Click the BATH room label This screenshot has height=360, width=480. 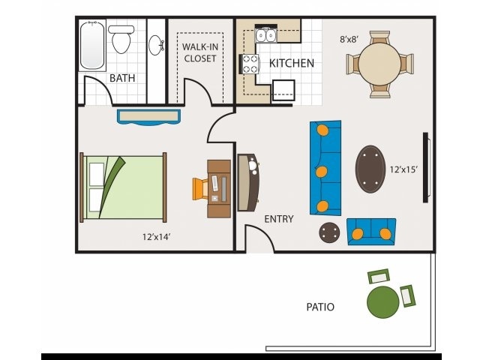coord(122,78)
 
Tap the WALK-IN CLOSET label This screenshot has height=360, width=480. coord(199,52)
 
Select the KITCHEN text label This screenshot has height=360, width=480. coord(292,63)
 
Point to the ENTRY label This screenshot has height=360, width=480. coord(279,219)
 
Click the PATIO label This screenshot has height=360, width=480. coord(320,307)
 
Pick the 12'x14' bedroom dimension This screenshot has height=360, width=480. coord(157,237)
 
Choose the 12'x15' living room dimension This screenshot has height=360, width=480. coord(403,169)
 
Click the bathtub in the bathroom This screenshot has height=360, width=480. coord(92,45)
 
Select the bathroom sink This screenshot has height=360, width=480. coord(156,45)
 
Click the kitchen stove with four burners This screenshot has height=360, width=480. coord(249,64)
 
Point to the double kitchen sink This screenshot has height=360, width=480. coord(266,34)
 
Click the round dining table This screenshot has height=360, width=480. coord(379,64)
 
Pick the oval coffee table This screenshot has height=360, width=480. coord(368,169)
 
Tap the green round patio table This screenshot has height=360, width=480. coord(382,301)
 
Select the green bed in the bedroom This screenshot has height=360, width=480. coord(124,187)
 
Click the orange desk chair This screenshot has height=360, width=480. coord(200,187)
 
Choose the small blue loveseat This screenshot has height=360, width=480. coord(371,232)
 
